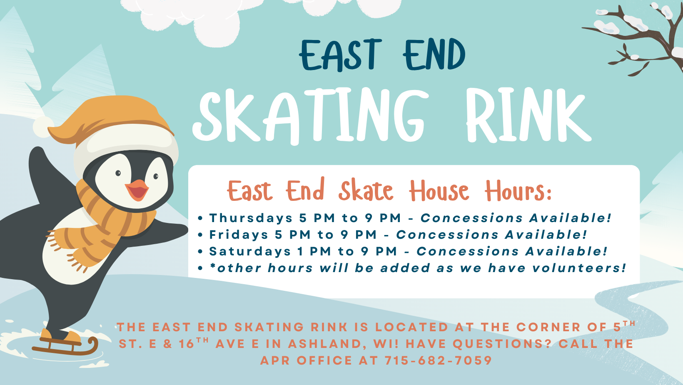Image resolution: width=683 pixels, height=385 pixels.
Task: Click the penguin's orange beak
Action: (x=137, y=190)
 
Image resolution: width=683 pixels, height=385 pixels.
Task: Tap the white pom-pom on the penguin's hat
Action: (x=42, y=127)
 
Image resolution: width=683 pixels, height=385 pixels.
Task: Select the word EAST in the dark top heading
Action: (x=340, y=55)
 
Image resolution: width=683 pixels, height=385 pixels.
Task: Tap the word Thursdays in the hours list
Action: (x=251, y=218)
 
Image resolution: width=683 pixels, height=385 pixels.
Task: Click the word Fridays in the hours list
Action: (x=239, y=235)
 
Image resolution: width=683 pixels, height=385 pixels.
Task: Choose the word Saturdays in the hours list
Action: (x=250, y=251)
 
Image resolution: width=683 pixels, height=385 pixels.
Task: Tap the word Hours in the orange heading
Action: (x=518, y=192)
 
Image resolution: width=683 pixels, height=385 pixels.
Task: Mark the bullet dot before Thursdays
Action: (x=200, y=218)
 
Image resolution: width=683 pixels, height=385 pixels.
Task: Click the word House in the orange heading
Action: (x=439, y=192)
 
